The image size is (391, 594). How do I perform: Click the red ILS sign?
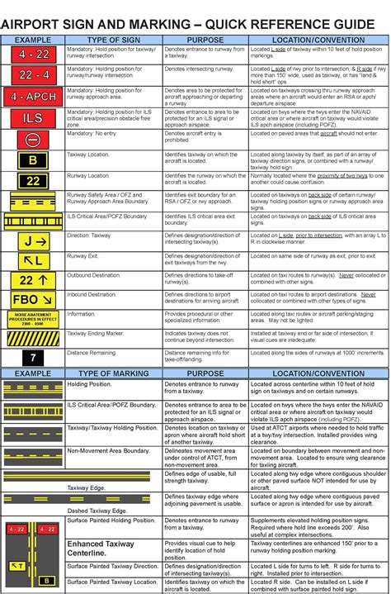point(32,117)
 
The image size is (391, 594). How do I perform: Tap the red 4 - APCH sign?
point(32,96)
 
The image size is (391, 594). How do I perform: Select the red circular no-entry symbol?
point(32,139)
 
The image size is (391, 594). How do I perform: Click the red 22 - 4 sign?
point(32,75)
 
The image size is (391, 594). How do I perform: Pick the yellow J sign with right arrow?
point(33,241)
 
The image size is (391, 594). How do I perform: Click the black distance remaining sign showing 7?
point(33,359)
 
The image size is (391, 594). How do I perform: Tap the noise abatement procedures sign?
point(33,319)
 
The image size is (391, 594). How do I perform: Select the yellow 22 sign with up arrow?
point(33,280)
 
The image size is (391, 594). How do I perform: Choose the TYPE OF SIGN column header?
point(114,39)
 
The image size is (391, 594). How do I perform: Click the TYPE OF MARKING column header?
point(114,374)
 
